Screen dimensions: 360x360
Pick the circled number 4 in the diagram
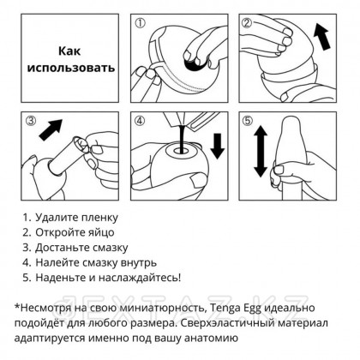click(x=141, y=122)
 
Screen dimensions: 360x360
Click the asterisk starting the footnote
click(x=18, y=305)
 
